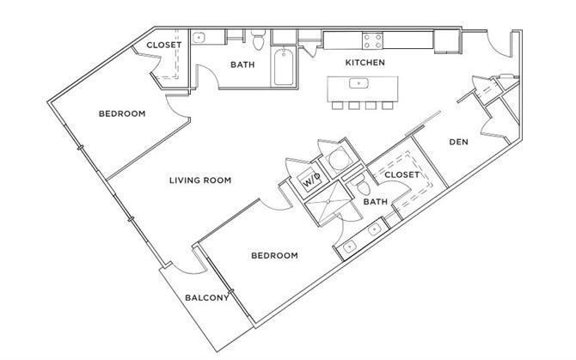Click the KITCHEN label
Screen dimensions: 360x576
pyautogui.click(x=365, y=63)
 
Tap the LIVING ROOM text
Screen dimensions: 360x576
pyautogui.click(x=201, y=180)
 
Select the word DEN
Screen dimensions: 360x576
pyautogui.click(x=458, y=142)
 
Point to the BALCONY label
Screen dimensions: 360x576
pyautogui.click(x=206, y=298)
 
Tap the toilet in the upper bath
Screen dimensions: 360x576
pyautogui.click(x=260, y=39)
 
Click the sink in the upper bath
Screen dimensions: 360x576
pyautogui.click(x=199, y=38)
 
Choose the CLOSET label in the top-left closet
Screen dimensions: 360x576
pyautogui.click(x=163, y=45)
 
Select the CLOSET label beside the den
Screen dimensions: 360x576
pyautogui.click(x=401, y=174)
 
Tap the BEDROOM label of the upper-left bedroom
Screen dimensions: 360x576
pyautogui.click(x=121, y=113)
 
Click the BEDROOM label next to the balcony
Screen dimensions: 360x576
pyautogui.click(x=274, y=255)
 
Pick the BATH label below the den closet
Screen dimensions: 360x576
pyautogui.click(x=376, y=202)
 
